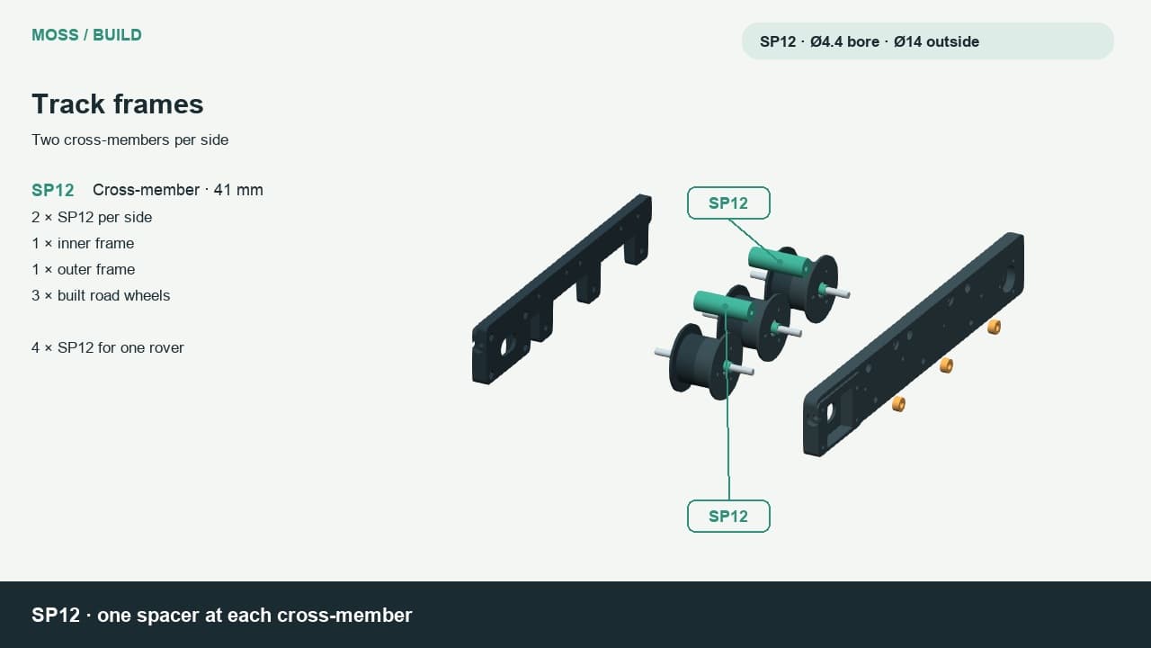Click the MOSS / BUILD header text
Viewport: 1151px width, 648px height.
pos(86,35)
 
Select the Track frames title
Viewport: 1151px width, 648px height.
pos(118,103)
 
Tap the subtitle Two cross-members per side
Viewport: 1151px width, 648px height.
pos(130,139)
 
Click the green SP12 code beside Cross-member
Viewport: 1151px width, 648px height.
pos(53,190)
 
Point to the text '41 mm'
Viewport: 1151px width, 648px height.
pos(238,190)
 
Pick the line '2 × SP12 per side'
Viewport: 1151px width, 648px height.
pos(92,217)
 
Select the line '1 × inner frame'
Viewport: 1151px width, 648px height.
pos(83,243)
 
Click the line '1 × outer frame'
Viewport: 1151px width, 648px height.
pos(84,269)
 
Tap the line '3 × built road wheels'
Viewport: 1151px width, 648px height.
pos(101,296)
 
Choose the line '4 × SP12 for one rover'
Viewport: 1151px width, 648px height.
pos(107,347)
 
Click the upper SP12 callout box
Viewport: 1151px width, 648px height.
pos(728,202)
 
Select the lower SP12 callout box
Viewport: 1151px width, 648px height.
pos(728,516)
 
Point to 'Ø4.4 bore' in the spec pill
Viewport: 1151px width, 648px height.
pos(844,41)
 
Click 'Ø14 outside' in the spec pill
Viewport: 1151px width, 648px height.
pos(936,41)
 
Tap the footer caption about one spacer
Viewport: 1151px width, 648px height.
pos(222,615)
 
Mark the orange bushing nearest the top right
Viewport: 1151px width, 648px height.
pos(995,327)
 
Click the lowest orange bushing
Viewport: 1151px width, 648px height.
pos(898,404)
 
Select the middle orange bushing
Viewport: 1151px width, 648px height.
pos(947,365)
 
